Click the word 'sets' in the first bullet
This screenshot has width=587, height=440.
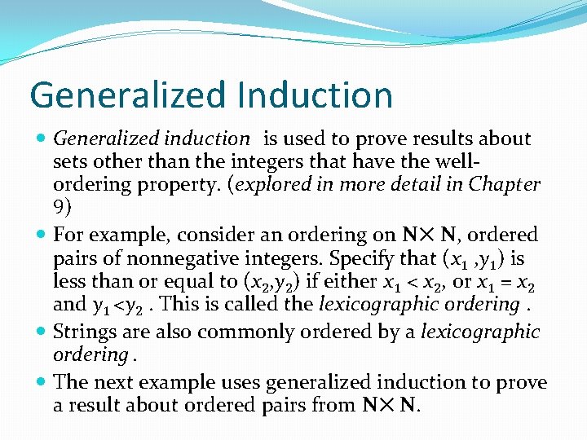(71, 162)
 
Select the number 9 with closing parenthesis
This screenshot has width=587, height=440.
(62, 207)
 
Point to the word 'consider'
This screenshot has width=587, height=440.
(209, 235)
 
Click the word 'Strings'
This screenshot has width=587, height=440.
(84, 332)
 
